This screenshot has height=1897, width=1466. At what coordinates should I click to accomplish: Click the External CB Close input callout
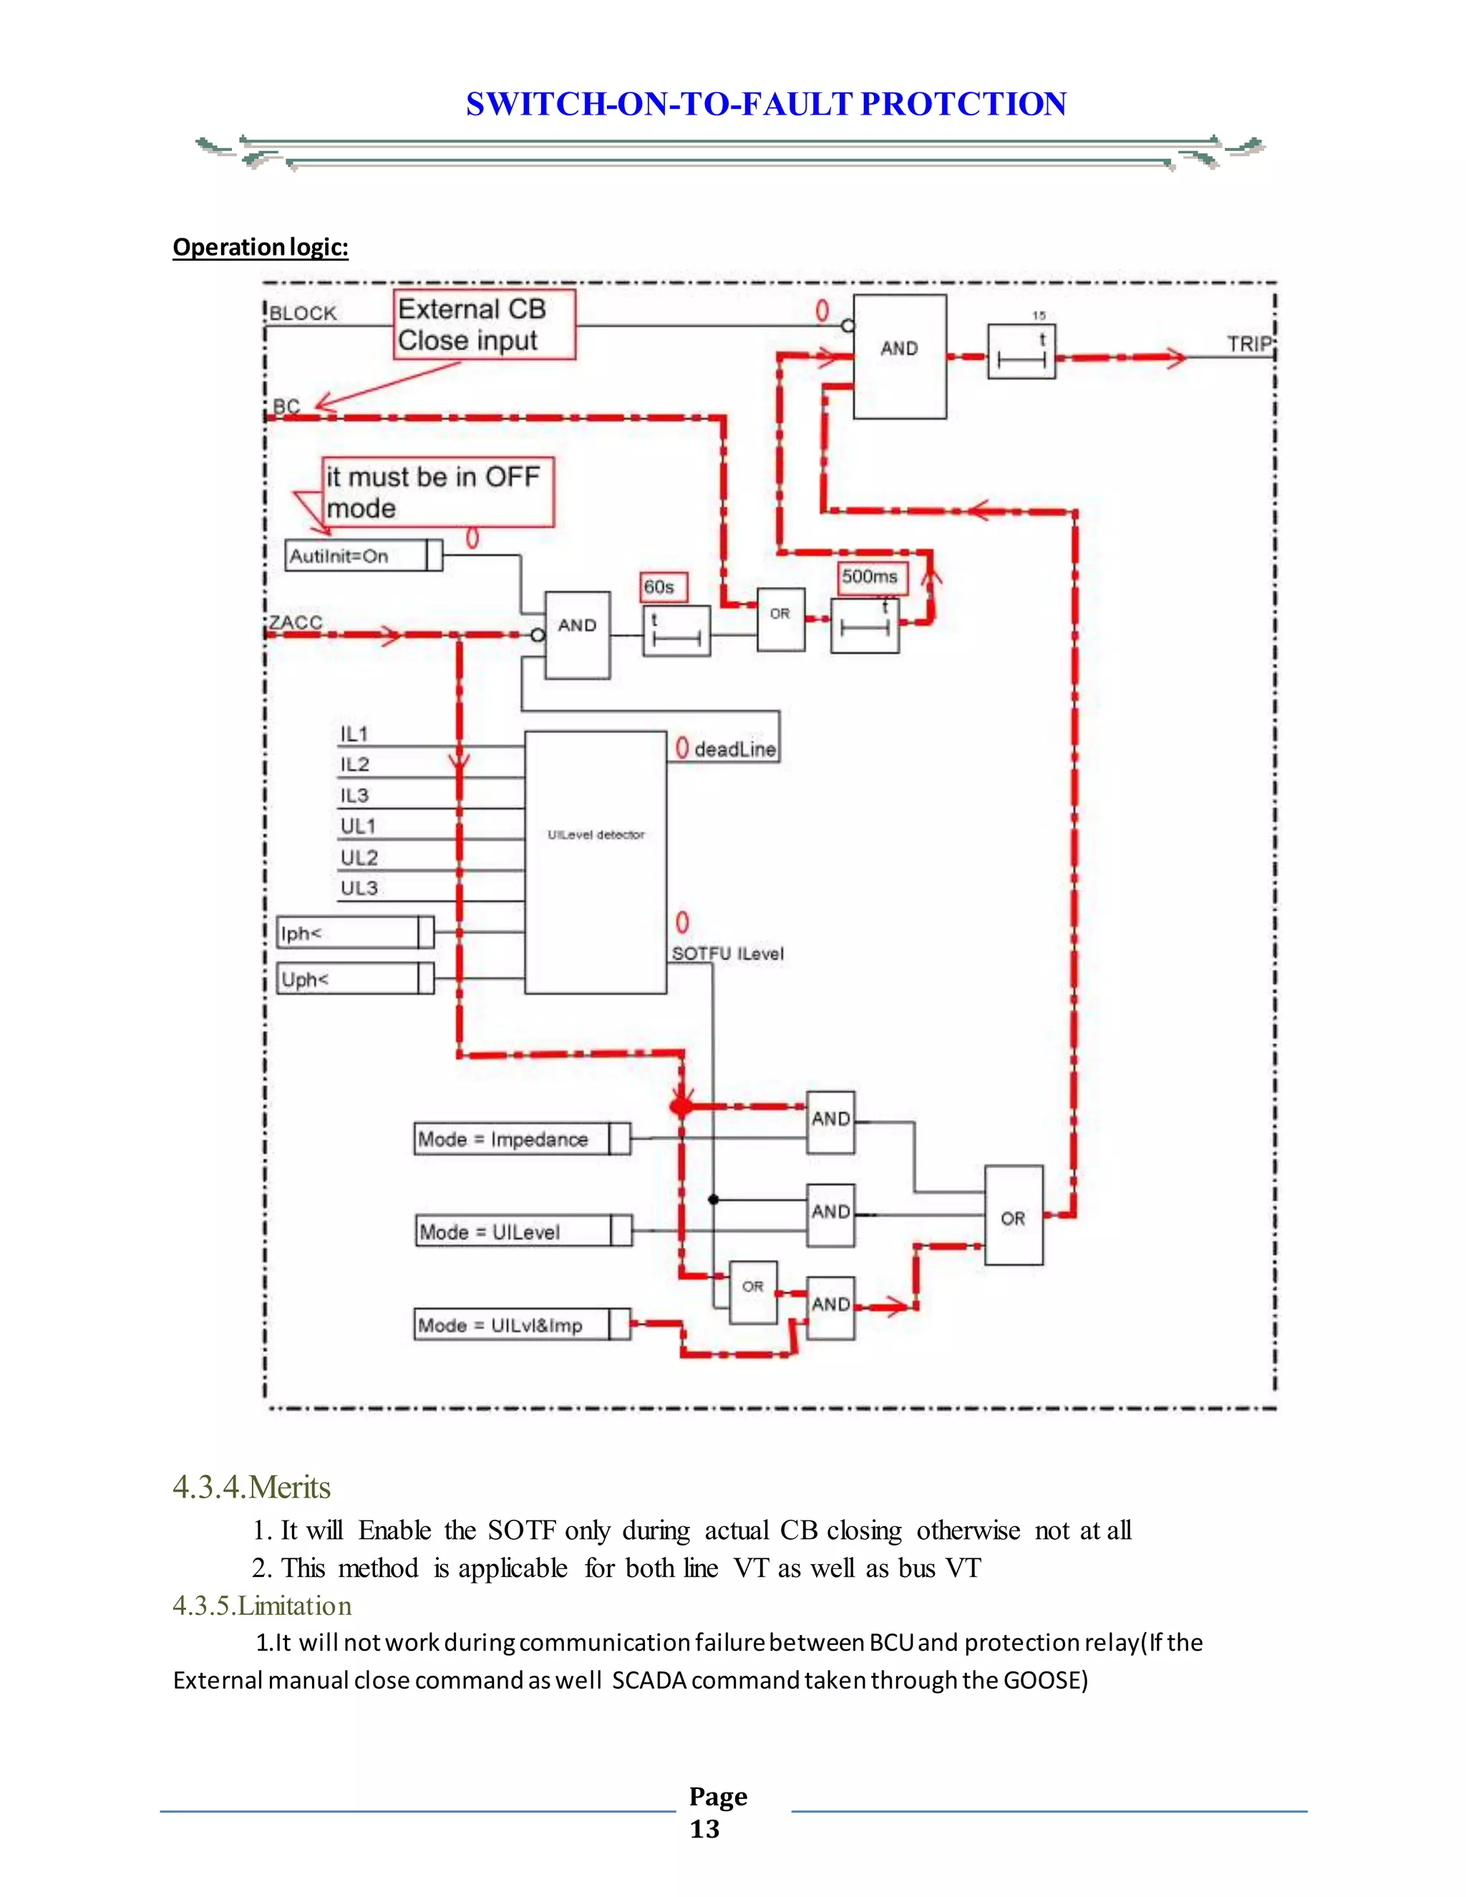pyautogui.click(x=484, y=325)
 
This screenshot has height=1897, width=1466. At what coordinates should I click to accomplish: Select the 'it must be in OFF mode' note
pyautogui.click(x=437, y=492)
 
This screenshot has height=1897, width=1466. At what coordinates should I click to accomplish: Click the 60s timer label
pyautogui.click(x=663, y=587)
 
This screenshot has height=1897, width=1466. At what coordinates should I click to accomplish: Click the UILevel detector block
pyautogui.click(x=596, y=862)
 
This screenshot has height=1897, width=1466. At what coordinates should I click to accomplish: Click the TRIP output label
pyautogui.click(x=1248, y=344)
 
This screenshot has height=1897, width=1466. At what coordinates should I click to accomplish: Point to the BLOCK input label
pyautogui.click(x=302, y=314)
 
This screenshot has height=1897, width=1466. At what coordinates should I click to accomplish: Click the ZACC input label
pyautogui.click(x=296, y=623)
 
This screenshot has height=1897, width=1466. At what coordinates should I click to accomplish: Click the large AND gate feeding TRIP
pyautogui.click(x=900, y=356)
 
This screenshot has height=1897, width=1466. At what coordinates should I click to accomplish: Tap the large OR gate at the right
pyautogui.click(x=1014, y=1216)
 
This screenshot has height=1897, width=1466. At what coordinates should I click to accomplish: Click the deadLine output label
pyautogui.click(x=734, y=749)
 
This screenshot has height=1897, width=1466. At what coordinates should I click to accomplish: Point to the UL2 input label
pyautogui.click(x=359, y=858)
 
